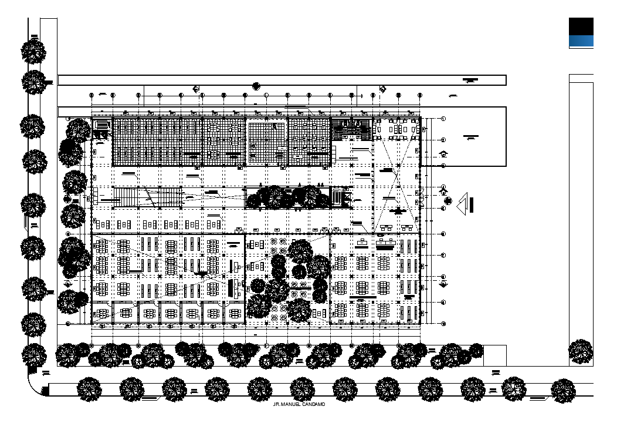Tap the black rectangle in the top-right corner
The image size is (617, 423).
click(x=581, y=26)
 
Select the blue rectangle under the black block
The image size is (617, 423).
click(x=581, y=41)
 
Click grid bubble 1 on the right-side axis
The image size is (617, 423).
click(x=443, y=119)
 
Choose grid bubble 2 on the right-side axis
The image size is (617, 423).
click(x=443, y=140)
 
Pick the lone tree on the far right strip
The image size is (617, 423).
click(x=581, y=351)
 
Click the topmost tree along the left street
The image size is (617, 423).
click(x=33, y=51)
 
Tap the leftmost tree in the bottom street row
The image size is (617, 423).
click(x=90, y=389)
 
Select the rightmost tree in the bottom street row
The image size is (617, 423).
click(x=563, y=390)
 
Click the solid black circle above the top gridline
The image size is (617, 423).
click(x=256, y=86)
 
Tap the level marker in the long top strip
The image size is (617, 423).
click(x=470, y=79)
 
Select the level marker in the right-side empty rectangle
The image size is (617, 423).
click(x=470, y=138)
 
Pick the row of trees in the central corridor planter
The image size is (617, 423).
click(x=287, y=197)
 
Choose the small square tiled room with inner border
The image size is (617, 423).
click(x=266, y=142)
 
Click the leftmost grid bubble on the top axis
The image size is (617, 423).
click(x=91, y=95)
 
